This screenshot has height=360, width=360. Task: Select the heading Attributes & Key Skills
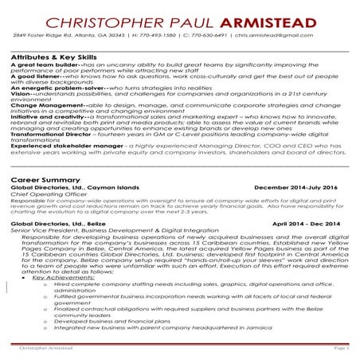click(60, 58)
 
